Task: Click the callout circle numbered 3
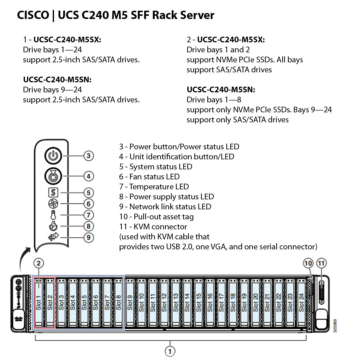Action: click(88, 156)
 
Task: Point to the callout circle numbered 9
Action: click(88, 237)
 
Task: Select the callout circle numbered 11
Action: click(321, 263)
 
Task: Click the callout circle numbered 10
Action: click(308, 263)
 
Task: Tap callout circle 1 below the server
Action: click(170, 351)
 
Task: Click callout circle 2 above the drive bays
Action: click(39, 263)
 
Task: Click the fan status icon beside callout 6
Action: click(53, 204)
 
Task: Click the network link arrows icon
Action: click(53, 237)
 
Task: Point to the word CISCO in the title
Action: click(33, 15)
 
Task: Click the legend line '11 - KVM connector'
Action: click(153, 227)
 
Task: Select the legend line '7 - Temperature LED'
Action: click(154, 187)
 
